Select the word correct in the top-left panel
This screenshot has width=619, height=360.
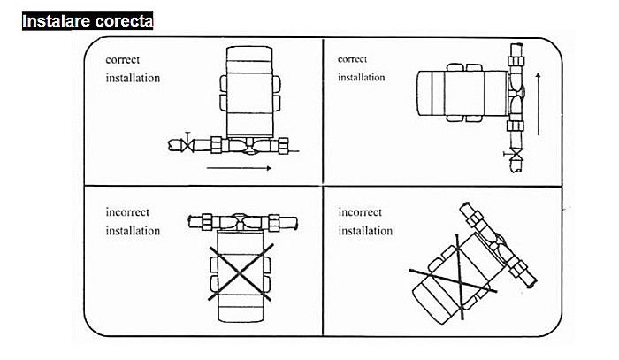click(123, 60)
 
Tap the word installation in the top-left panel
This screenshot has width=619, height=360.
click(133, 78)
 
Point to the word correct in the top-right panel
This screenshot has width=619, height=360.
click(353, 59)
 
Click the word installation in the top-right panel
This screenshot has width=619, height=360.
click(362, 77)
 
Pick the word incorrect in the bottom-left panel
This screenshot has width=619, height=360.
click(127, 213)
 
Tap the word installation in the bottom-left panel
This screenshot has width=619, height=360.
click(133, 231)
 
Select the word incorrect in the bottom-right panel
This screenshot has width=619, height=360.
click(361, 213)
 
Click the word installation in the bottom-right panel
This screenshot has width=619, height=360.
click(366, 231)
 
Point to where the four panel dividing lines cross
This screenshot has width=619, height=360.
click(322, 187)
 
